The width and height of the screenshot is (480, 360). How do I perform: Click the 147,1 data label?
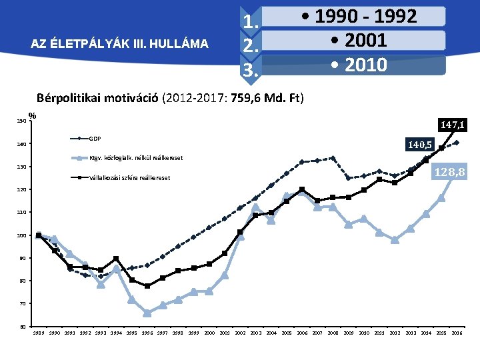click(x=453, y=125)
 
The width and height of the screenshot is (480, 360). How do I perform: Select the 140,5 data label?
click(x=420, y=144)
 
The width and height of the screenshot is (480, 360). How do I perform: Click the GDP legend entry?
click(x=95, y=139)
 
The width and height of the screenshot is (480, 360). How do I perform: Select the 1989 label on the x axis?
click(x=39, y=333)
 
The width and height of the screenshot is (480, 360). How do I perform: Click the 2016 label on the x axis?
click(x=457, y=333)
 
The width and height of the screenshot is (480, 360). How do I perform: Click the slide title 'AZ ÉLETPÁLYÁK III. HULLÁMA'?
click(x=120, y=45)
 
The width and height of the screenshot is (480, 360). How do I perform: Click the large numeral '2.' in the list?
click(x=251, y=46)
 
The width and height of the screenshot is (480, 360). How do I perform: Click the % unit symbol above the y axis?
click(x=32, y=115)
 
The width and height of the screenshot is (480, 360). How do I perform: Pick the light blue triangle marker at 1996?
click(x=147, y=313)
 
